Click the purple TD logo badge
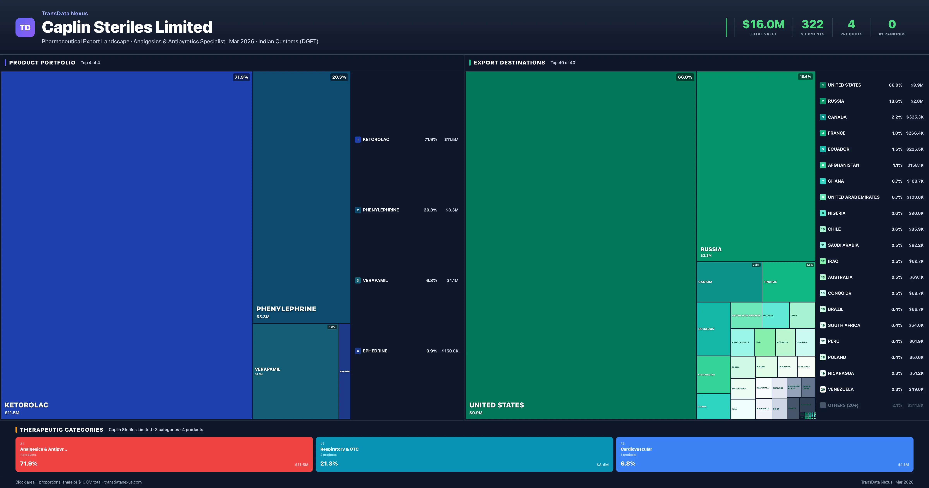click(x=25, y=27)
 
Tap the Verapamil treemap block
click(x=295, y=371)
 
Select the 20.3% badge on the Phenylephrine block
click(x=339, y=77)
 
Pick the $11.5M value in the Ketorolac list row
click(x=451, y=139)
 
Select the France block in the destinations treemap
click(x=788, y=282)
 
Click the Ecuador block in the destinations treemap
click(x=713, y=329)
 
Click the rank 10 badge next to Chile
click(x=823, y=229)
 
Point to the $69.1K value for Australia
click(x=916, y=277)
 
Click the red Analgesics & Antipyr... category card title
click(x=43, y=449)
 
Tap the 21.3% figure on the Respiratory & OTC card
click(x=329, y=463)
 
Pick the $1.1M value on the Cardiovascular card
click(x=903, y=465)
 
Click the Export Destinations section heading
click(x=509, y=62)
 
